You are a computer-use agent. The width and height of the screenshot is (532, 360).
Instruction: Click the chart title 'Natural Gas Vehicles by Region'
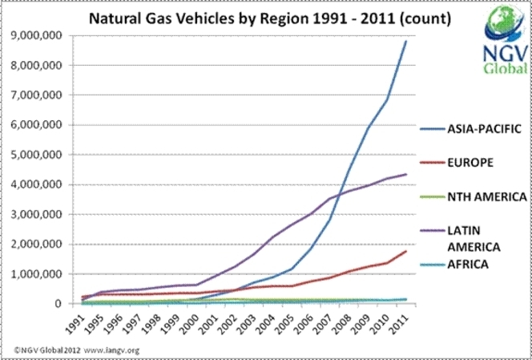click(x=240, y=17)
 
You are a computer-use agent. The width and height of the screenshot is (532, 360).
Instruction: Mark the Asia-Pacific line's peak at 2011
click(x=405, y=41)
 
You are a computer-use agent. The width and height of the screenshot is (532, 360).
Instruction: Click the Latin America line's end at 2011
click(x=406, y=174)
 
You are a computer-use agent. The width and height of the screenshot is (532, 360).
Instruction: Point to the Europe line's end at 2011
click(x=406, y=251)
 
